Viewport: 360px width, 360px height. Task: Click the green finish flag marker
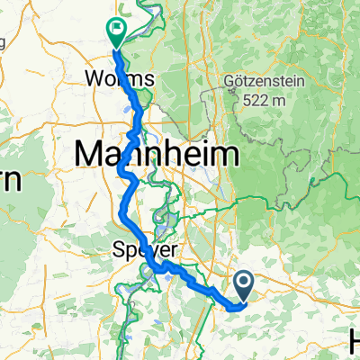pos(117,33)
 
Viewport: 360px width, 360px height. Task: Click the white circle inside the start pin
pos(246,283)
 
